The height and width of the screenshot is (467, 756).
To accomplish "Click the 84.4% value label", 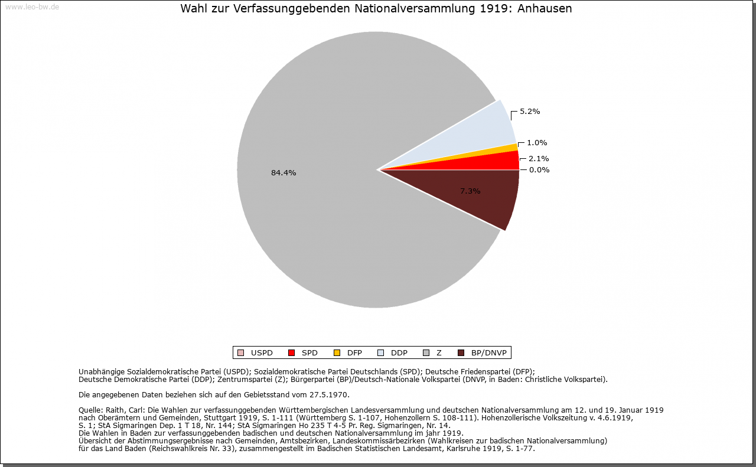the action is pos(283,173).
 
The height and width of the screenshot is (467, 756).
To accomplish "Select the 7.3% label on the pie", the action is pos(470,191).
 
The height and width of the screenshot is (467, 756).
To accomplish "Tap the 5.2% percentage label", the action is pos(530,112).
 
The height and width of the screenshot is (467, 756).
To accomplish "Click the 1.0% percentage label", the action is pos(537,143).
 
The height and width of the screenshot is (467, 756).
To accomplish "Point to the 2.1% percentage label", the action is pos(539,159).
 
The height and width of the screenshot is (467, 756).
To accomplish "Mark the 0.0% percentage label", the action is pos(539,169).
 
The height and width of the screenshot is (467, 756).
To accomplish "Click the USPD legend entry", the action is pos(255,353).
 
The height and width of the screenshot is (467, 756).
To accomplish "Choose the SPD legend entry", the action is pos(303,353).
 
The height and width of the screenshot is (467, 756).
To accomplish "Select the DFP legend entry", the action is pos(348,353).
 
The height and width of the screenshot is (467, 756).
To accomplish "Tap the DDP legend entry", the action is pos(393,353).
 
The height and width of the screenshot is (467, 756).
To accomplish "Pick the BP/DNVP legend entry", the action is pos(483,353).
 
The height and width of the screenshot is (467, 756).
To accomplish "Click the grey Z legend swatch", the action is pos(426,353).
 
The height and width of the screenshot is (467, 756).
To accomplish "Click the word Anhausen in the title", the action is pos(545,8).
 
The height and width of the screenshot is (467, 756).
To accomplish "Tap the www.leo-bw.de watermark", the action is pos(32,6).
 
